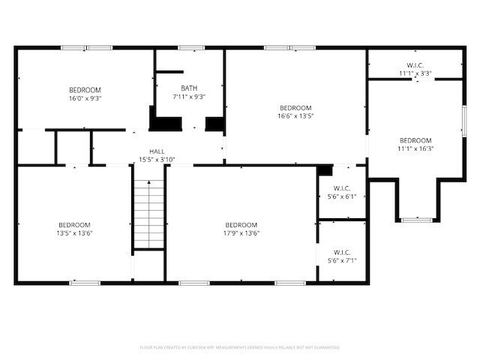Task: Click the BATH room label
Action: [189, 88]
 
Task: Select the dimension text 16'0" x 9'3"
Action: [85, 97]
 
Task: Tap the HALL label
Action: [157, 151]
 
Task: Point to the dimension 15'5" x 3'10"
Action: [157, 159]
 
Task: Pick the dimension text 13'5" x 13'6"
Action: [75, 232]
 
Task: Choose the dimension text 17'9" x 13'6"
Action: [241, 232]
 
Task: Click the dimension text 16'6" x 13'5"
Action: [295, 115]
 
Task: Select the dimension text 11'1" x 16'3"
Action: [415, 148]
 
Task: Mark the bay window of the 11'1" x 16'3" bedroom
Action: [416, 220]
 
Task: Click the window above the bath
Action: [191, 49]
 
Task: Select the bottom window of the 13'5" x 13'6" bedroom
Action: [85, 283]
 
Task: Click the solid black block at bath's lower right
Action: [214, 124]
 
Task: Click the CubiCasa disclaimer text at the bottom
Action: [240, 347]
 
